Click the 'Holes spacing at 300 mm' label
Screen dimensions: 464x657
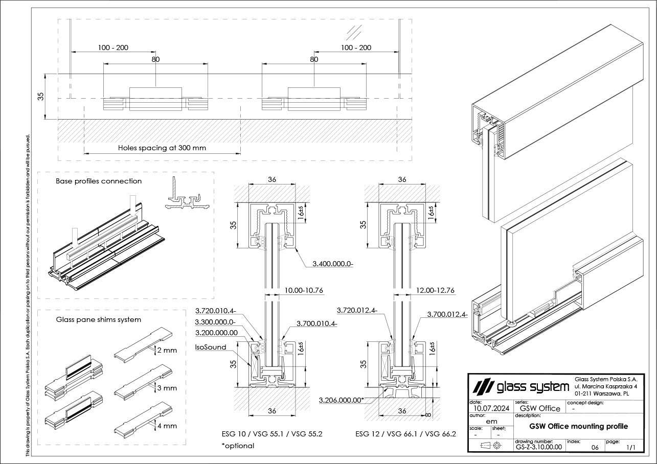pyautogui.click(x=162, y=148)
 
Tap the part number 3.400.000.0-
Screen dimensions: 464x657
pyautogui.click(x=333, y=264)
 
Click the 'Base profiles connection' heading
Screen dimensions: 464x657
pyautogui.click(x=99, y=181)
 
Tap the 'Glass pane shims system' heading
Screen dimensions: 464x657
pyautogui.click(x=99, y=320)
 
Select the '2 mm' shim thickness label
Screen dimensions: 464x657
pyautogui.click(x=167, y=351)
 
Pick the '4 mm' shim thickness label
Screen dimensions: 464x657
pyautogui.click(x=167, y=426)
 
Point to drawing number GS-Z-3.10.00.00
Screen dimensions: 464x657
pyautogui.click(x=539, y=447)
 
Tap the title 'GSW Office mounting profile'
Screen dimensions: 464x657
pyautogui.click(x=579, y=426)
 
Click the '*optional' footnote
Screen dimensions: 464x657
pyautogui.click(x=238, y=446)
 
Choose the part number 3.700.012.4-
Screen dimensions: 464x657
pyautogui.click(x=447, y=315)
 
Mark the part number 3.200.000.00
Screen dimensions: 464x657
pyautogui.click(x=217, y=333)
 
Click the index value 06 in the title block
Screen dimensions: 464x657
pyautogui.click(x=595, y=447)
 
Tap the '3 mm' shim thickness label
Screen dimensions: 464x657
pyautogui.click(x=167, y=388)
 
